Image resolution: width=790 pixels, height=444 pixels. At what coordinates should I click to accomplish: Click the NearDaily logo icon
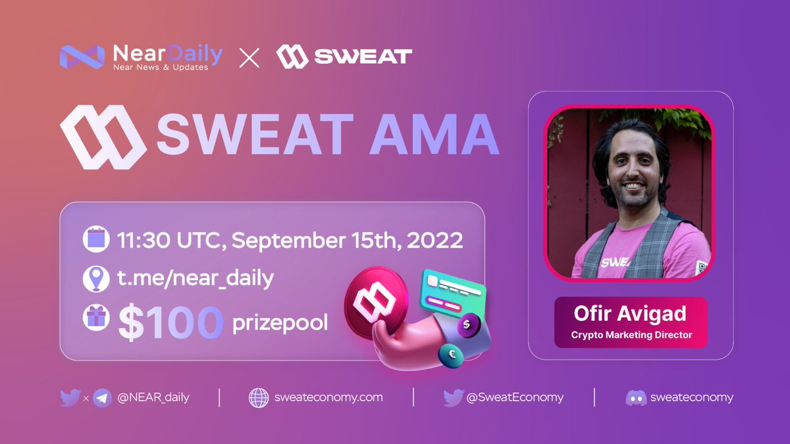(81, 57)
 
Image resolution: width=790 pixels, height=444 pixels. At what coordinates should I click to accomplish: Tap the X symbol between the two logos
(249, 57)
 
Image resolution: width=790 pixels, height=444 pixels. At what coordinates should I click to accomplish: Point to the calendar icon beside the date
(95, 239)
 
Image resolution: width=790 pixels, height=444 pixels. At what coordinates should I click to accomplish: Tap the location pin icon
(95, 278)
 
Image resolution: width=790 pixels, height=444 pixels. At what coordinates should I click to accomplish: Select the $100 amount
(171, 323)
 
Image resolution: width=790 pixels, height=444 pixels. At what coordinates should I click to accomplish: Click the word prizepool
(280, 324)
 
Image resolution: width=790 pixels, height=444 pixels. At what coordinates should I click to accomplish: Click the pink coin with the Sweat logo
(373, 298)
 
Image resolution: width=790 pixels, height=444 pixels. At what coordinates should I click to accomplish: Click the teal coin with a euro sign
(451, 355)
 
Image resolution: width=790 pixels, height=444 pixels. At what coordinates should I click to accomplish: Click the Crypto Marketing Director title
(631, 335)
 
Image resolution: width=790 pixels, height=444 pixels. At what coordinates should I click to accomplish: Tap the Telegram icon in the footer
(102, 397)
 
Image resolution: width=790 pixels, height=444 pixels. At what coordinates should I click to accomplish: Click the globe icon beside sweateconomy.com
(259, 397)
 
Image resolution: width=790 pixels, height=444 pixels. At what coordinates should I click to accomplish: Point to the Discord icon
(635, 397)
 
